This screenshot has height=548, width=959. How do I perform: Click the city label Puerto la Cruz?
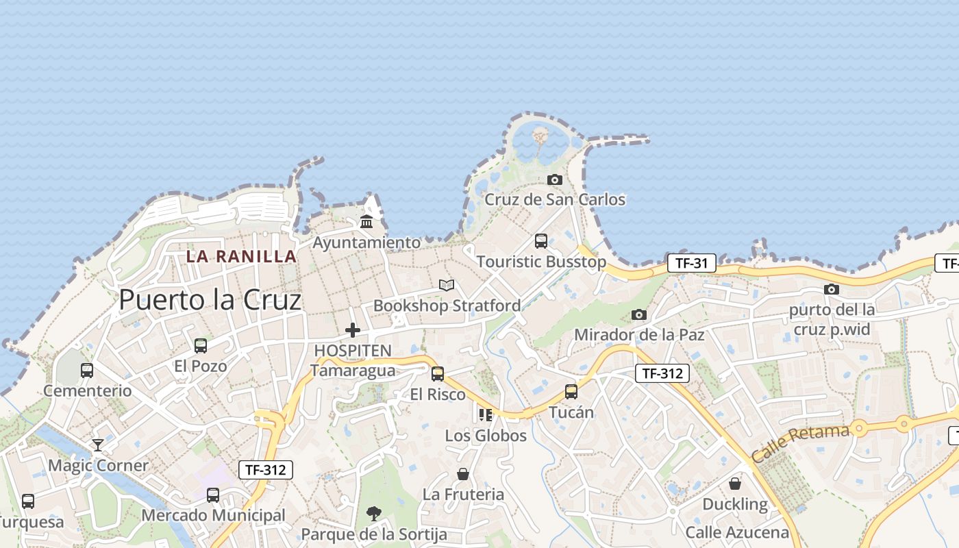click(210, 300)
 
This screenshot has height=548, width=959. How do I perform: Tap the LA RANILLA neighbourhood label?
click(242, 257)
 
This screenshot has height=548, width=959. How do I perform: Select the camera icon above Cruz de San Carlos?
click(555, 180)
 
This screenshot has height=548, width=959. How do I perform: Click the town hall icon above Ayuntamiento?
click(366, 222)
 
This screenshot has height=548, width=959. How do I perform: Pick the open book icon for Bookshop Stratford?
click(447, 285)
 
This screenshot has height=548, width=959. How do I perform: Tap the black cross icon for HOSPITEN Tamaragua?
click(353, 330)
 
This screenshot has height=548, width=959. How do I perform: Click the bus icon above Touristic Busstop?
click(541, 241)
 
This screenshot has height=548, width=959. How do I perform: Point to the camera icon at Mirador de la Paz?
click(639, 314)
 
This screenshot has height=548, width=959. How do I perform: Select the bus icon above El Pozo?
click(201, 346)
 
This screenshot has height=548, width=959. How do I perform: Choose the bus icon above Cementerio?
click(87, 371)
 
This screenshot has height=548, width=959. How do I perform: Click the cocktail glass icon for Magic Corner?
click(98, 445)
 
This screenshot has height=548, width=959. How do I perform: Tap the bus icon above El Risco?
click(438, 374)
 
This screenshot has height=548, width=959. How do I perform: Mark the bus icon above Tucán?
click(571, 392)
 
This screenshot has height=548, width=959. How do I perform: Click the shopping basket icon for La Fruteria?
click(463, 474)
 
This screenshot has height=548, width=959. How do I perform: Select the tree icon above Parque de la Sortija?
click(373, 513)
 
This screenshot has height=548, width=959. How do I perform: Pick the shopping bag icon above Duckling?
click(735, 484)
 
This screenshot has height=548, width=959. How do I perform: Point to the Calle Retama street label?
click(800, 443)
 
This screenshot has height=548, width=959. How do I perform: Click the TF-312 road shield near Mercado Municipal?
click(266, 470)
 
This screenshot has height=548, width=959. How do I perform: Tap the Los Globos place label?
click(486, 436)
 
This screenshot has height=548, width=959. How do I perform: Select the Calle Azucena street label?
click(737, 532)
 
